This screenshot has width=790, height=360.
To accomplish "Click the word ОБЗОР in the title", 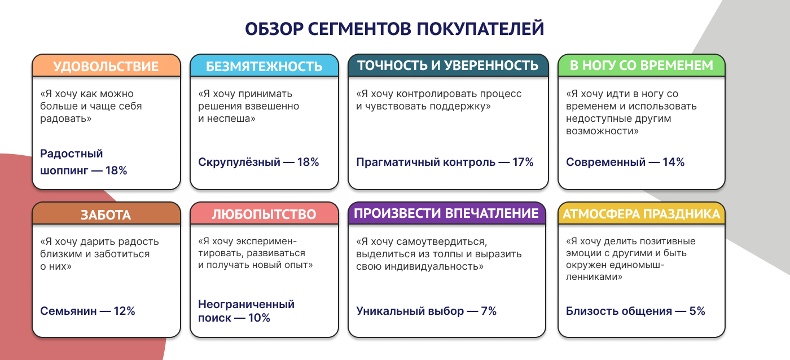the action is click(274, 29).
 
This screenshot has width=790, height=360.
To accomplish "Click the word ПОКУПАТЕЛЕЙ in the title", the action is click(480, 29).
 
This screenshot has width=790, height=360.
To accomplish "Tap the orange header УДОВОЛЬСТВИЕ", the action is click(106, 66).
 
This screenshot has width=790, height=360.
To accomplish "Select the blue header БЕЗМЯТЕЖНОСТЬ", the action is click(264, 66).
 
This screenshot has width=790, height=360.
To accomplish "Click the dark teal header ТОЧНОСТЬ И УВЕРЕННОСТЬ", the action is click(448, 65).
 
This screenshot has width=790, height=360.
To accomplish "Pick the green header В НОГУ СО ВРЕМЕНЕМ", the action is click(642, 65).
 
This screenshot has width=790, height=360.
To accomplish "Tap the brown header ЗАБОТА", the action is click(106, 214).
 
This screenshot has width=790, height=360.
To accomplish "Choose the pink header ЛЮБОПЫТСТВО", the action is click(264, 214).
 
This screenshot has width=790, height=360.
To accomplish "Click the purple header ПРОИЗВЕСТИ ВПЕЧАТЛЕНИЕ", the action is click(447, 214).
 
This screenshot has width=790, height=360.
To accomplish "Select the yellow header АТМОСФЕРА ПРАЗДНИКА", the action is click(642, 214).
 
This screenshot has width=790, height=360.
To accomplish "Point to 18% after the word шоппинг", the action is click(116, 170).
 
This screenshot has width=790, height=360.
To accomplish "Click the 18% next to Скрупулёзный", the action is click(308, 162).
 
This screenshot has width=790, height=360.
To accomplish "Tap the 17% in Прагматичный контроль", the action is click(523, 162).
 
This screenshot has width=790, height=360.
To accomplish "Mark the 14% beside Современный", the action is click(673, 162).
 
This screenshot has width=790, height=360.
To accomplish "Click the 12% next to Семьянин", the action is click(124, 311).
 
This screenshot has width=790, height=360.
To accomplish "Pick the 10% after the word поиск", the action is click(259, 318).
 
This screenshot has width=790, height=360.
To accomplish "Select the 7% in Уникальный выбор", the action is click(489, 311).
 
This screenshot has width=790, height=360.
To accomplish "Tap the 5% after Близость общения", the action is click(697, 311).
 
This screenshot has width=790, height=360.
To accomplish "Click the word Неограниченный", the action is click(246, 304).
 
